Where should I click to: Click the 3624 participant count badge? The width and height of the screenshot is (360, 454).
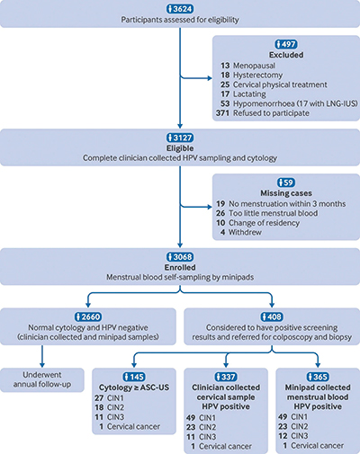click(x=180, y=9)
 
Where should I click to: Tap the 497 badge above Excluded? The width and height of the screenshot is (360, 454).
click(x=286, y=44)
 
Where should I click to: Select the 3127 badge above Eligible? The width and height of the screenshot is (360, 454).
click(x=180, y=138)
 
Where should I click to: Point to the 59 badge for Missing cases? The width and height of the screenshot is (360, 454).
click(x=286, y=182)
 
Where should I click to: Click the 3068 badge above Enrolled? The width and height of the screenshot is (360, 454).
click(x=180, y=257)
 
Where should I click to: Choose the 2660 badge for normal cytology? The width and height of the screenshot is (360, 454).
click(x=88, y=316)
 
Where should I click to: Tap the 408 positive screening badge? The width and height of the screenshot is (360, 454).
click(x=272, y=316)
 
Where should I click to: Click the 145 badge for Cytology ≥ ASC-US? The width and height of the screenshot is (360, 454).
click(x=134, y=377)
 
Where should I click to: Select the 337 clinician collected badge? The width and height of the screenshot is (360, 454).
click(x=226, y=377)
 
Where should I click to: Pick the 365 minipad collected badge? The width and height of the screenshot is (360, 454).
click(x=318, y=377)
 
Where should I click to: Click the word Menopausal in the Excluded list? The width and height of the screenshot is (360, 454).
click(x=254, y=66)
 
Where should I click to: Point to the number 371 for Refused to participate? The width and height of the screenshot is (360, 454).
click(x=223, y=113)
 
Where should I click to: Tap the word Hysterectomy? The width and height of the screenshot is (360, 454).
click(x=258, y=76)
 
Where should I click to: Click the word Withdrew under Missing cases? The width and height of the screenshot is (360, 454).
click(x=245, y=232)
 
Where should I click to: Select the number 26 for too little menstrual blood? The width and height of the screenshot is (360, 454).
click(x=220, y=213)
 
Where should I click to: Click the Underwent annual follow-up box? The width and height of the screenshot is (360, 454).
click(x=42, y=379)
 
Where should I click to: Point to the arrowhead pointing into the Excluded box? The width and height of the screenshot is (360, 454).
click(x=210, y=78)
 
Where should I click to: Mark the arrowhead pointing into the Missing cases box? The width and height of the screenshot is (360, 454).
click(x=210, y=207)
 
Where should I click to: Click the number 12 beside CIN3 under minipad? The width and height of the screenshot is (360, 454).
click(x=283, y=436)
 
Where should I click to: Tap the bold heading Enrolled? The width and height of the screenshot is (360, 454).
click(x=180, y=267)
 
